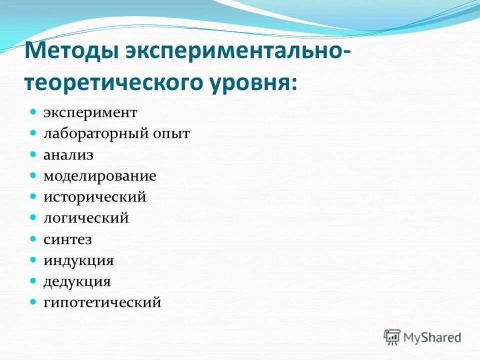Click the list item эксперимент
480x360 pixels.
coord(90,112)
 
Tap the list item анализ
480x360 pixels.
coord(68,155)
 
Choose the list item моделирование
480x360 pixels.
coord(100,176)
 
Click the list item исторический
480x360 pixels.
coord(95,197)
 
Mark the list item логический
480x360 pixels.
coord(86,218)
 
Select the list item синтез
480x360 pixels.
coord(67,239)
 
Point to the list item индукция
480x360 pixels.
coord(78,260)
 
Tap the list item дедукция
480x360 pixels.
coord(77,281)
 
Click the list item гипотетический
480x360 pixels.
coord(102,302)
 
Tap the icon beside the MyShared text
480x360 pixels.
coord(392,336)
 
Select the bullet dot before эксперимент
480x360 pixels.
coord(33,112)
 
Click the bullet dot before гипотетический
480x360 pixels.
coord(33,302)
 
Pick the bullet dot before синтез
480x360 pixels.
coord(33,238)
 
